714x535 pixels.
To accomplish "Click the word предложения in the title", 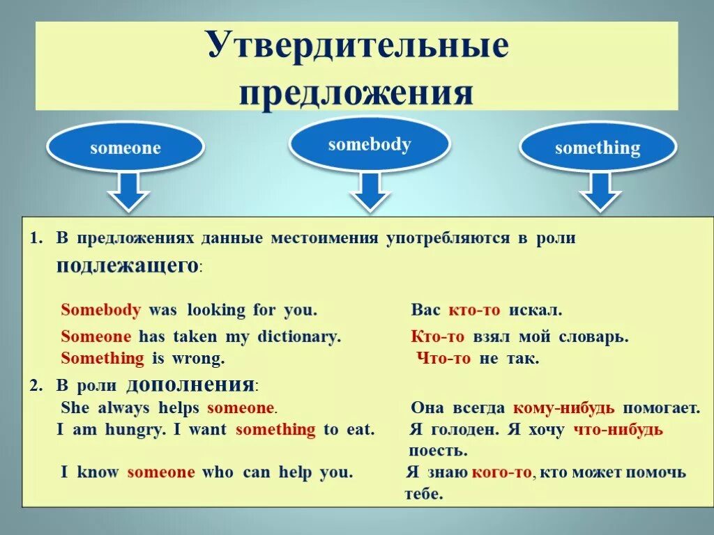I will click(356, 93).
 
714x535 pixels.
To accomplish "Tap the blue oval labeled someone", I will click(126, 148).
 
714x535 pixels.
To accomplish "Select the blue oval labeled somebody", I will click(370, 145).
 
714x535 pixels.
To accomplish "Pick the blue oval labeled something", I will click(598, 148).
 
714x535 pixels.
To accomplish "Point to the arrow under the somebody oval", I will click(370, 191).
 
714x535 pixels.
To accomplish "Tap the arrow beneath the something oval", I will click(599, 191).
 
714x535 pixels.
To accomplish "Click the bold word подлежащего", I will click(128, 265).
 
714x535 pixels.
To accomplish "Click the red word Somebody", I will click(101, 310).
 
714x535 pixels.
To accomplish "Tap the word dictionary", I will click(298, 336).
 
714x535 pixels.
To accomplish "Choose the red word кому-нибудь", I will click(564, 408).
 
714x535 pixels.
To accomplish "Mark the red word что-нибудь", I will click(618, 430).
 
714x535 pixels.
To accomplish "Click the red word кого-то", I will click(501, 473).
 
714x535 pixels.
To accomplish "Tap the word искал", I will click(535, 310).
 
